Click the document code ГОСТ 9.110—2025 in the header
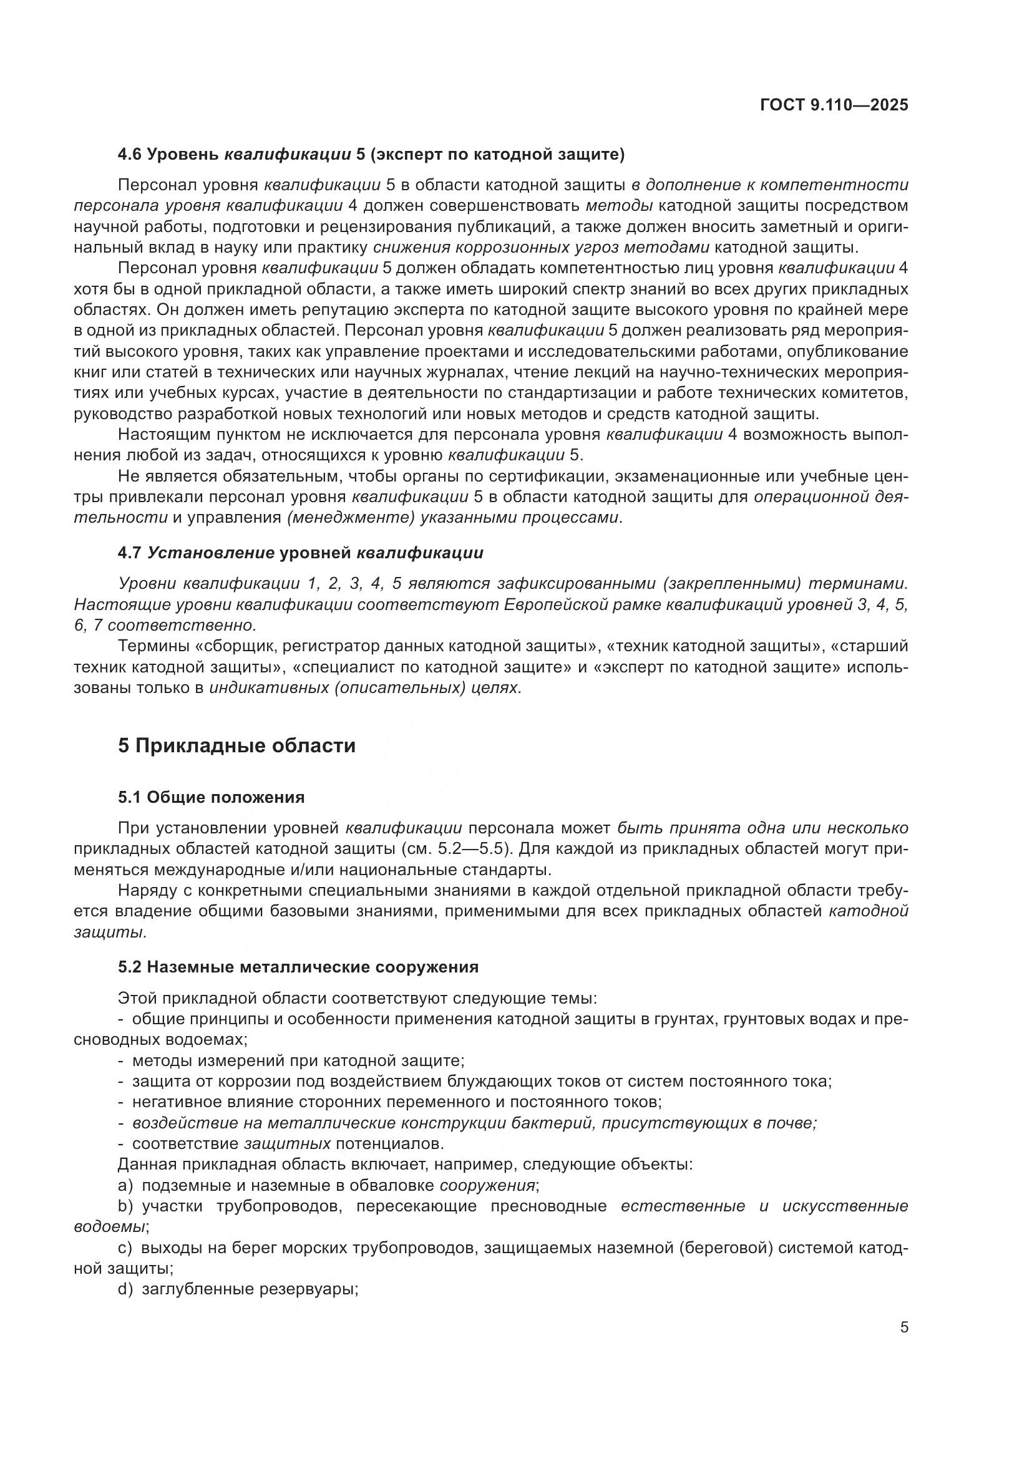tap(834, 105)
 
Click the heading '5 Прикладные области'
tap(236, 745)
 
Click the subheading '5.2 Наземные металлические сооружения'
tap(298, 967)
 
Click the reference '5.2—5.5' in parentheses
tap(469, 849)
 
